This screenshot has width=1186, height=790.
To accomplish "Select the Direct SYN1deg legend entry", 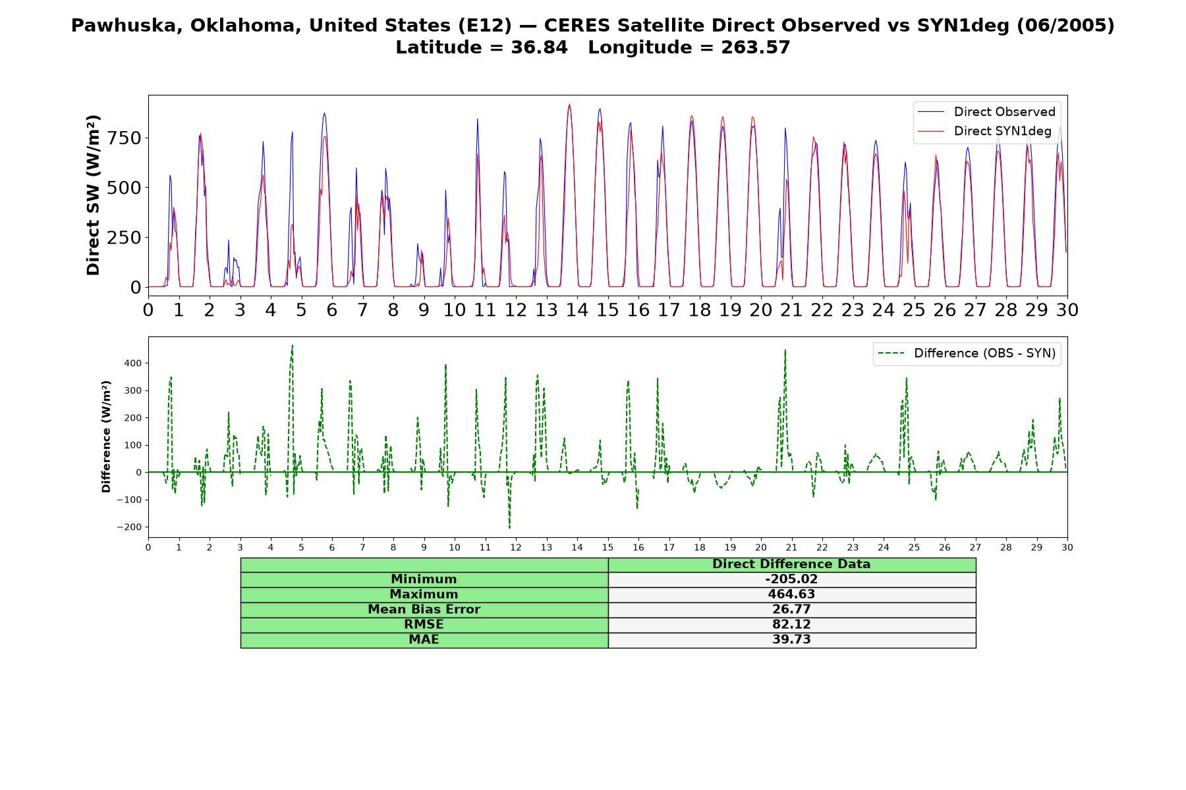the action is click(x=984, y=131).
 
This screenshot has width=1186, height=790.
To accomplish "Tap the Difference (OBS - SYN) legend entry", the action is click(x=967, y=354).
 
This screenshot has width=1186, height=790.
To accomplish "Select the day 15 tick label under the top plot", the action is click(x=607, y=309).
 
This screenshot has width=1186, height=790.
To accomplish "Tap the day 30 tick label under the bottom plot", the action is click(x=1067, y=548).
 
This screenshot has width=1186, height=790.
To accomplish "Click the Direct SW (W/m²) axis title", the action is click(x=93, y=195).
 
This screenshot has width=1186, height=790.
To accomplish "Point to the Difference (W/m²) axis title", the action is click(x=106, y=437).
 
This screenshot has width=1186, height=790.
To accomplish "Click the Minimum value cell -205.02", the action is click(x=791, y=579).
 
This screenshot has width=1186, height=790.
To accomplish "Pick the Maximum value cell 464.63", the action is click(x=791, y=594).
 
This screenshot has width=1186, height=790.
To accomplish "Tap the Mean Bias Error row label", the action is click(x=424, y=610).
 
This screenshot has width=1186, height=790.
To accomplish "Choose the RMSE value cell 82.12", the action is click(x=791, y=625).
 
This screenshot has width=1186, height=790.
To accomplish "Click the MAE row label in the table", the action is click(x=424, y=640).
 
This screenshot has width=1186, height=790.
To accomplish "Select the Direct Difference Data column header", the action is click(x=791, y=564).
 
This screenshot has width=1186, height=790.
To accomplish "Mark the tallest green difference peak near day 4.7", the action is click(x=293, y=346).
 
